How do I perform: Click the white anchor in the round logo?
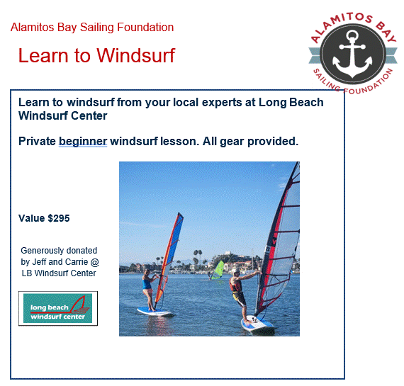[352, 55]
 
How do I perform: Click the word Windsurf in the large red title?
[136, 55]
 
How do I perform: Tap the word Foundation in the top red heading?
[145, 28]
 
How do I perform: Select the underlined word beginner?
[83, 142]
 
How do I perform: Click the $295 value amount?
[59, 218]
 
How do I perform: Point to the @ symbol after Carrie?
[95, 262]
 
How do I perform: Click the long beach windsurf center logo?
[58, 309]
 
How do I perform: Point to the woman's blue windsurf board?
[155, 312]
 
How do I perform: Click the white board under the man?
[257, 325]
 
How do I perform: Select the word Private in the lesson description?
[37, 141]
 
